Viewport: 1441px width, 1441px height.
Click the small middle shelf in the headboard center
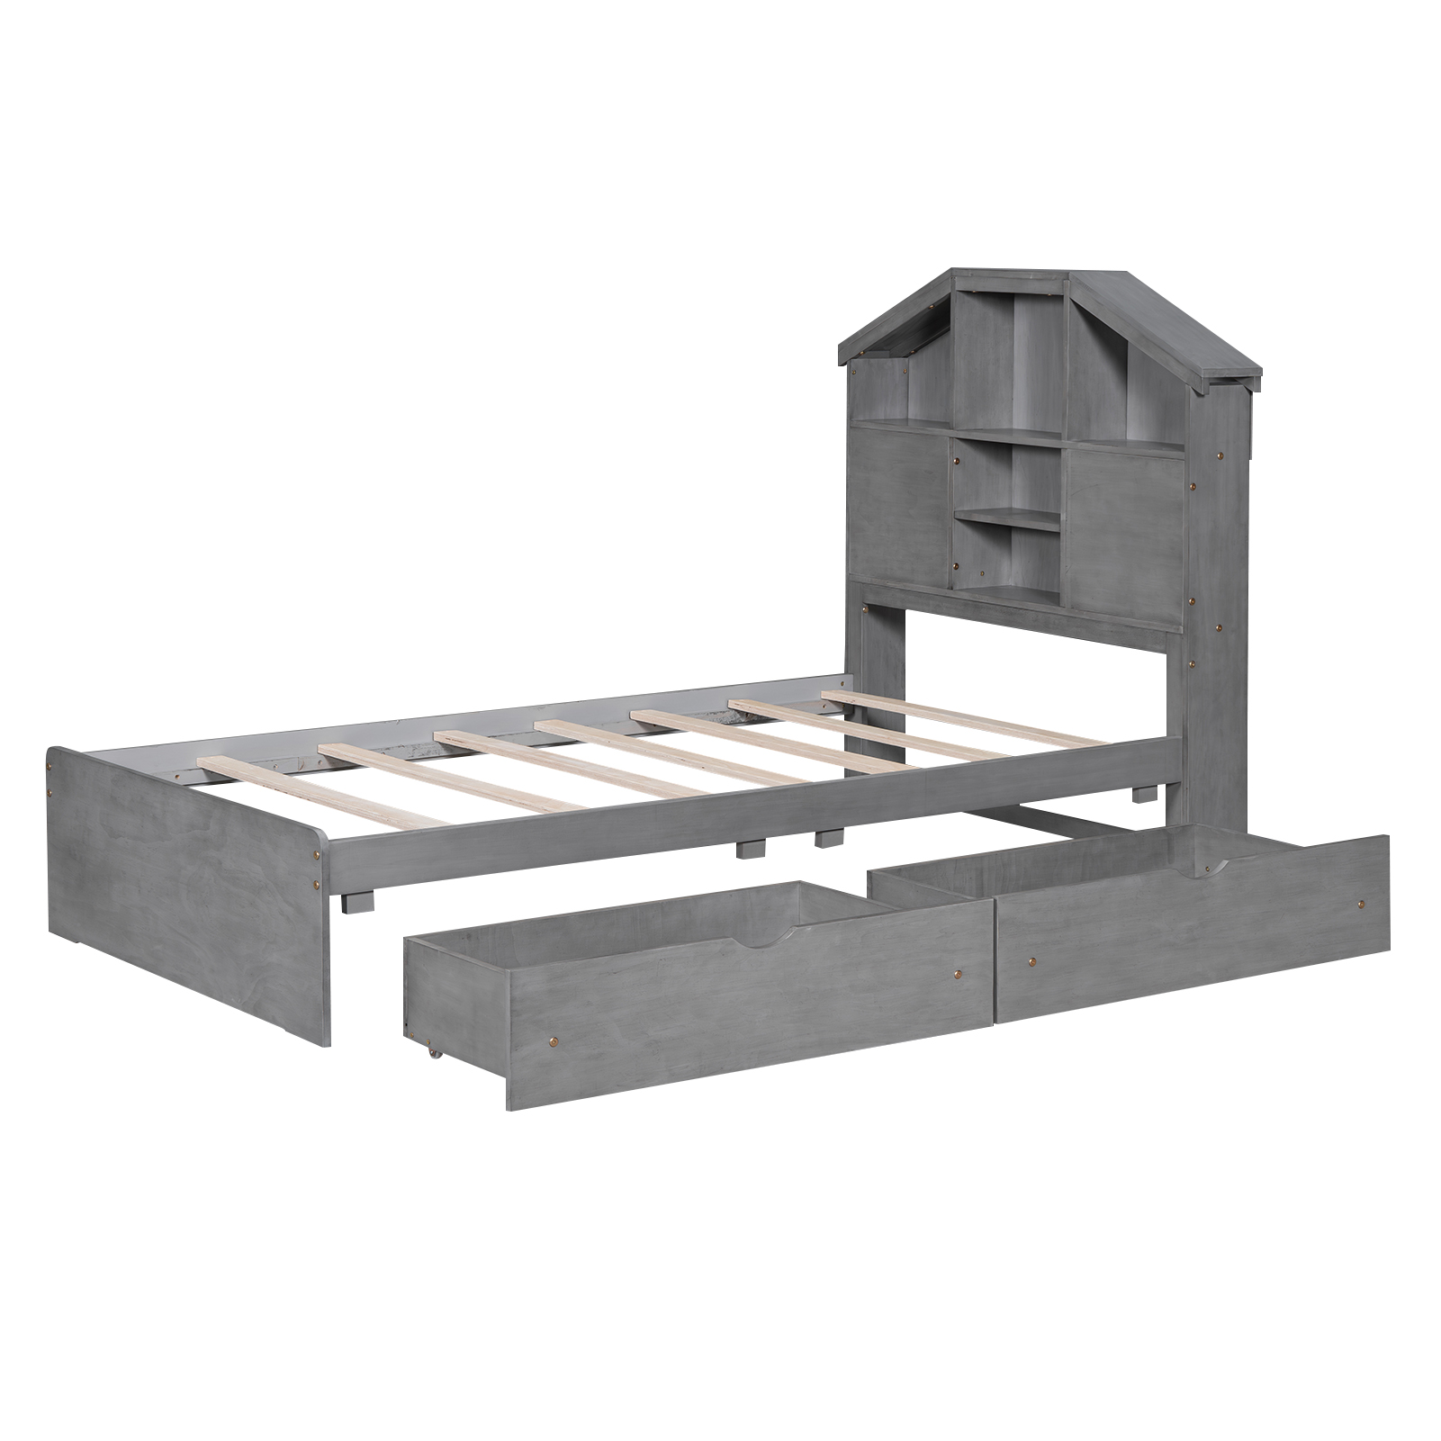tap(1008, 517)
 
